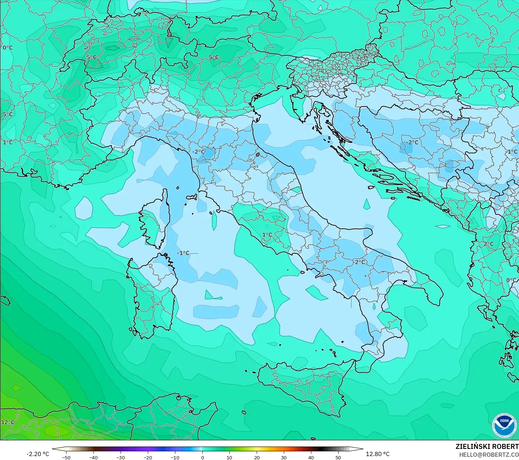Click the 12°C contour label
pyautogui.click(x=8, y=422)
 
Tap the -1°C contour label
pyautogui.click(x=183, y=253)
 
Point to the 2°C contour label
pyautogui.click(x=489, y=244)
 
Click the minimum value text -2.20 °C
pyautogui.click(x=38, y=454)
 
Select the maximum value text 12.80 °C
pyautogui.click(x=378, y=454)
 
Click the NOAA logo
pyautogui.click(x=504, y=425)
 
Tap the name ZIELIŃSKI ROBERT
pyautogui.click(x=487, y=446)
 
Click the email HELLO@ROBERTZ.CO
pyautogui.click(x=489, y=455)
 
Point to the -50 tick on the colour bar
pyautogui.click(x=66, y=457)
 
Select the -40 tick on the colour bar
pyautogui.click(x=93, y=457)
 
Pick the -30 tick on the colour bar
pyautogui.click(x=121, y=457)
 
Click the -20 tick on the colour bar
pyautogui.click(x=148, y=457)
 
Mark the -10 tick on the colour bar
pyautogui.click(x=175, y=457)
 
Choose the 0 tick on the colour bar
pyautogui.click(x=202, y=457)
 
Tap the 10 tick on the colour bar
pyautogui.click(x=229, y=457)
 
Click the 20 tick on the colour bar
pyautogui.click(x=257, y=457)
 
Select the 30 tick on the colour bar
pyautogui.click(x=284, y=457)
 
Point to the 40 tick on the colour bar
pyautogui.click(x=311, y=457)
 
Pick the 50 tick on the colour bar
pyautogui.click(x=338, y=457)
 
